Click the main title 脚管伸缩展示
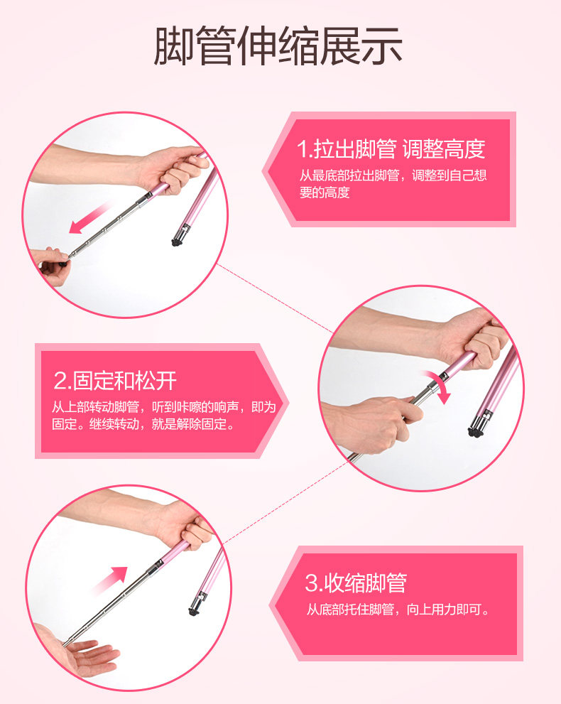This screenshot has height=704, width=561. coord(278,45)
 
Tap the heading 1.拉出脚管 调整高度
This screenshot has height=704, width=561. coord(391,149)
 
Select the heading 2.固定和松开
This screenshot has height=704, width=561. coord(115,381)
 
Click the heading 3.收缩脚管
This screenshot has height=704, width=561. coord(356,583)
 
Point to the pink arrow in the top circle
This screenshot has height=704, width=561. coord(89,218)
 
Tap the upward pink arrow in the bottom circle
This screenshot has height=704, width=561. coord(110,580)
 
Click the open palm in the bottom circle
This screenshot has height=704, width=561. coord(87,656)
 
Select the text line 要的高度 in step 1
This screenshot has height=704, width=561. coord(325,193)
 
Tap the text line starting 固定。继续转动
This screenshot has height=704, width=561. coord(143,424)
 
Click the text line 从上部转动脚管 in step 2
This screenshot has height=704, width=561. coord(164,407)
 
